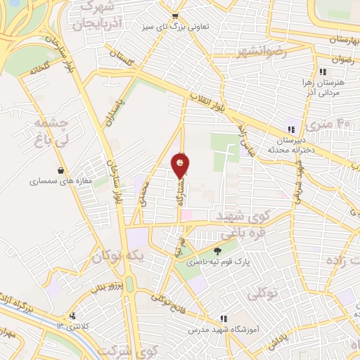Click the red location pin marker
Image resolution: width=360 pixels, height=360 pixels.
180,166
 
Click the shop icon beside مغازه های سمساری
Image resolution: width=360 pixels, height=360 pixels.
62,170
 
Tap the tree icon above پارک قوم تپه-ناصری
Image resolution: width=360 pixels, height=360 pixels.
217,250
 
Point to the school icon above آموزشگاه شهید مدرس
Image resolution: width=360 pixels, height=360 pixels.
224,319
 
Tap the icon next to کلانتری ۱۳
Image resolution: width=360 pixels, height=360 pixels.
72,316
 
